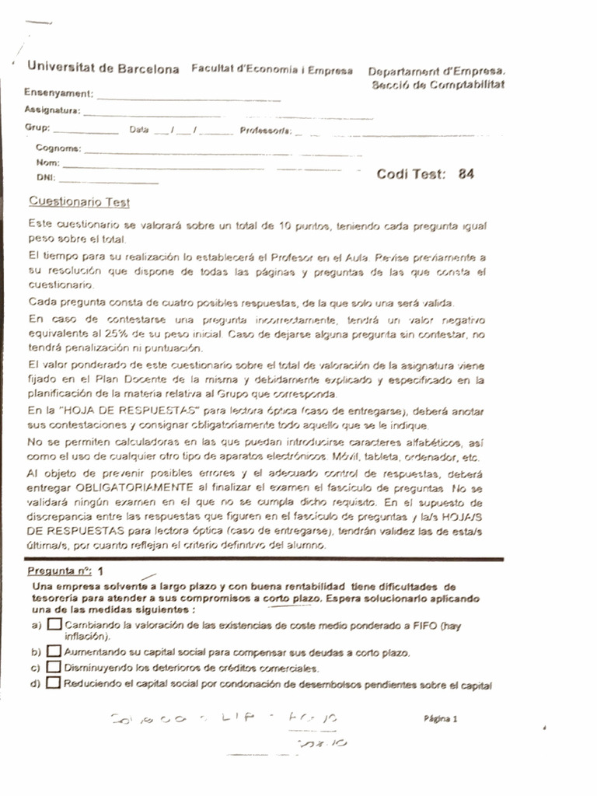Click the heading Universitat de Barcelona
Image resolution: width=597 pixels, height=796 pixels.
[103, 69]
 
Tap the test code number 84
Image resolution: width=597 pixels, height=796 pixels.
[466, 174]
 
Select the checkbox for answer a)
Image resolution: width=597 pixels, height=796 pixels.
[54, 624]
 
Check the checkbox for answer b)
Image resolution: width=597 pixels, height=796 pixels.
[54, 651]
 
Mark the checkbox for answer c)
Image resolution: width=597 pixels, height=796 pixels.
[54, 667]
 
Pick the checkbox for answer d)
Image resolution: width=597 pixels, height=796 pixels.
[54, 683]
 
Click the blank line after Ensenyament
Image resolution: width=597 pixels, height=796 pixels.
[188, 99]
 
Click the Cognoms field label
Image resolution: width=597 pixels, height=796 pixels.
[58, 148]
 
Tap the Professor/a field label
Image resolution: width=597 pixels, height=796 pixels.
[265, 131]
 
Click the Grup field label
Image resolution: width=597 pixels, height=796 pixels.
[37, 127]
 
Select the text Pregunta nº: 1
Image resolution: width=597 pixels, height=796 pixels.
[71, 570]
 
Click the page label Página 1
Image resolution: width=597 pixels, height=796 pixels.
[441, 719]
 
